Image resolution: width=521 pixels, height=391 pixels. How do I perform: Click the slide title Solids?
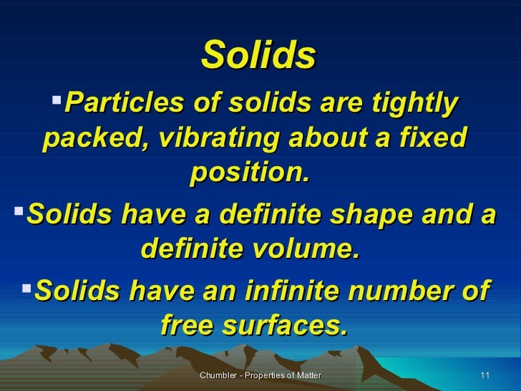click(x=259, y=55)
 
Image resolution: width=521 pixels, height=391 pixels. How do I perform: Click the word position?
click(x=250, y=173)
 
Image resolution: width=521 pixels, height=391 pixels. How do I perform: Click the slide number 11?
click(x=485, y=376)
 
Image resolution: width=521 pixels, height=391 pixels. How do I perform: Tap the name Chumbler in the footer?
click(x=217, y=376)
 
